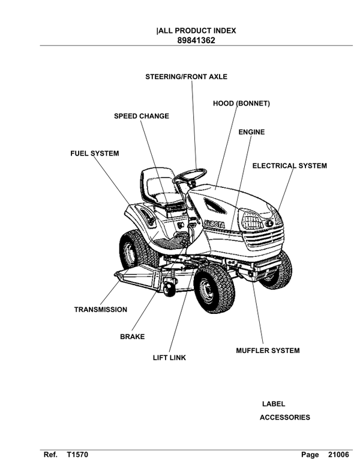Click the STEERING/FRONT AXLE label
click(x=187, y=76)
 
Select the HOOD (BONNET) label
click(x=241, y=103)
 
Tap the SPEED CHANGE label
click(x=141, y=116)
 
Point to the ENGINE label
click(x=251, y=131)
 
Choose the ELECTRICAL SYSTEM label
click(x=289, y=166)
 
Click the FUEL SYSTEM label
click(x=94, y=154)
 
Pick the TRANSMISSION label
click(x=100, y=310)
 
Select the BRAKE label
click(x=132, y=337)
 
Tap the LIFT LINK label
click(x=169, y=358)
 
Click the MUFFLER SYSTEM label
click(x=267, y=351)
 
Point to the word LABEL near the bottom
click(x=274, y=404)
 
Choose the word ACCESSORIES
click(x=284, y=417)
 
